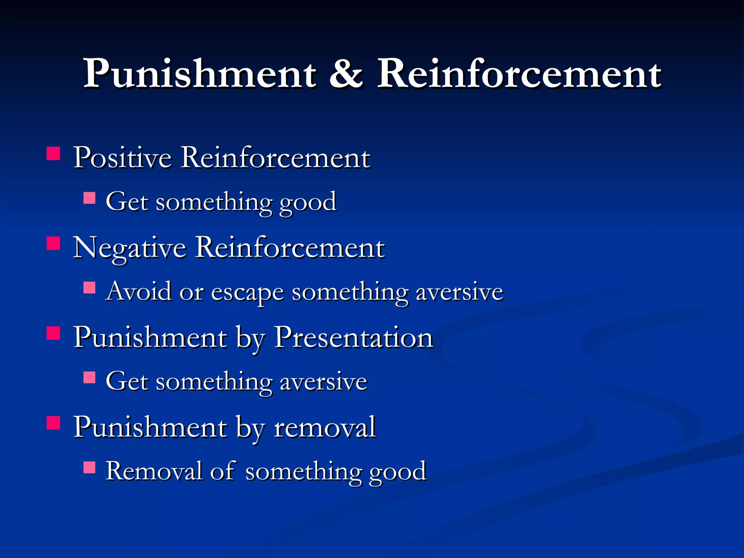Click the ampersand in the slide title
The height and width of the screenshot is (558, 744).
coord(346,74)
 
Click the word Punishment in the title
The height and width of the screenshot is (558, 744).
coord(200,74)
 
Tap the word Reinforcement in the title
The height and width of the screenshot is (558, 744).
coord(519,74)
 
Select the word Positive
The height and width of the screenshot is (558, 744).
coord(122,158)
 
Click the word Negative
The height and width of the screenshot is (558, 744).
coord(130,248)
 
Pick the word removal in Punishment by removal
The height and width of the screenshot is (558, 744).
coord(324,428)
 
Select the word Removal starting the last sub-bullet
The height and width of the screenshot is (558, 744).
coord(154,472)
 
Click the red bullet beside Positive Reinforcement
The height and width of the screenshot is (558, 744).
coord(53,154)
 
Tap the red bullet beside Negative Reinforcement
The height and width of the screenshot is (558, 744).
coord(53,243)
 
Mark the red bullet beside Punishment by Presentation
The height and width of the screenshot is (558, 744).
coord(53,333)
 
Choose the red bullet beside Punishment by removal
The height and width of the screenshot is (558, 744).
coord(53,423)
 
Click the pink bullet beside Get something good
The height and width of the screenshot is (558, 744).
coord(89,198)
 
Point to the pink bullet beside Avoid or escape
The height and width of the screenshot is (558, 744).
coord(89,288)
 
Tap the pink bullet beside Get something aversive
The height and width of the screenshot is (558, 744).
coord(89,377)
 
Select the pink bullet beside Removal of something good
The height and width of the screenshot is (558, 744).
coord(89,467)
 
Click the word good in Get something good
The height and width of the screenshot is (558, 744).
coord(308,203)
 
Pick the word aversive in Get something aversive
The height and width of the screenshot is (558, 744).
coord(323,383)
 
